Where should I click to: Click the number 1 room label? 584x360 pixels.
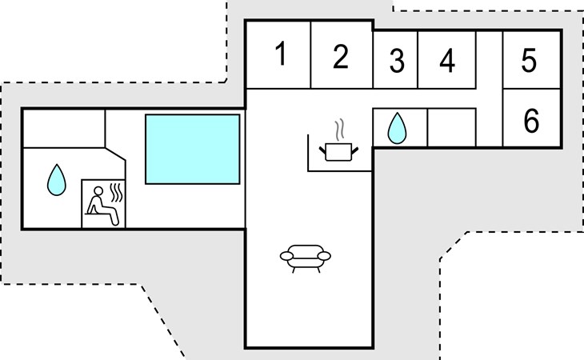[x=281, y=54]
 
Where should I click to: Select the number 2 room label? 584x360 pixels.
[x=341, y=56]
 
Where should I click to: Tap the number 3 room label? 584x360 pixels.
[x=397, y=60]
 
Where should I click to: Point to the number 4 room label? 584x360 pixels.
[x=447, y=60]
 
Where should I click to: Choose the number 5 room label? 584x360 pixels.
[x=529, y=60]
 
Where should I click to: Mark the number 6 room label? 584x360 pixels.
[x=531, y=120]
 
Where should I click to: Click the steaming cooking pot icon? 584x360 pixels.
[x=338, y=140]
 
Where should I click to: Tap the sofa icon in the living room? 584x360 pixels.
[x=306, y=258]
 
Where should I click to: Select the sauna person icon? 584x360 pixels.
[x=102, y=206]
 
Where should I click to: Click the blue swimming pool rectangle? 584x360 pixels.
[x=193, y=149]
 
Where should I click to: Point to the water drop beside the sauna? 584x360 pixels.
[x=57, y=180]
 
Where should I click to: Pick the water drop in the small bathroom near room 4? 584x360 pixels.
[x=397, y=128]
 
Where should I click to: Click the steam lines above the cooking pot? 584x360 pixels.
[x=339, y=130]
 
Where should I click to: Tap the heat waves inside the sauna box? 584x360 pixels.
[x=116, y=192]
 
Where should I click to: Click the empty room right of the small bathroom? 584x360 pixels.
[x=451, y=128]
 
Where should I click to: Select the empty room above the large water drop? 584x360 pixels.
[x=64, y=129]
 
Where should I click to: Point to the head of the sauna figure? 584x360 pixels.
[x=98, y=191]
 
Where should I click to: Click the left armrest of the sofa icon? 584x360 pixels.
[x=286, y=256]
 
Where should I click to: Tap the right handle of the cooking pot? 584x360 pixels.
[x=355, y=150]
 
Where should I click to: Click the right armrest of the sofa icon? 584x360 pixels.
[x=324, y=256]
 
